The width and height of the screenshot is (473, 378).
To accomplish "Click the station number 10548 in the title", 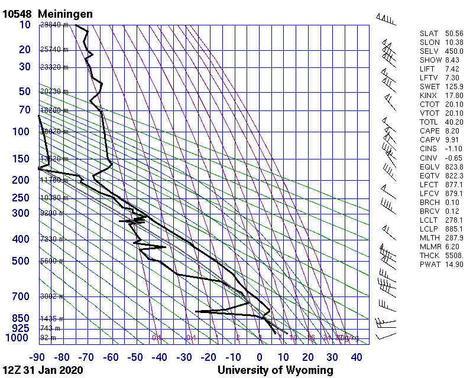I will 17,14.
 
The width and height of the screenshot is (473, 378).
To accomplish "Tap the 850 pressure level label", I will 21,318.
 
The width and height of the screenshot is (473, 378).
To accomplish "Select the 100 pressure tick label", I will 21,131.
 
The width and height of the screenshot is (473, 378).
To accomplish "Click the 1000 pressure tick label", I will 18,338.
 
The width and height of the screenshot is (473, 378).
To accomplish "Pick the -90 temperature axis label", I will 38,357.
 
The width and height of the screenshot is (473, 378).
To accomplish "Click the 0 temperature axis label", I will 260,357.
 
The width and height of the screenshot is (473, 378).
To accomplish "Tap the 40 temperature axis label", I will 357,357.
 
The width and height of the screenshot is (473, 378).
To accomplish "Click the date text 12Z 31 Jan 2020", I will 43,370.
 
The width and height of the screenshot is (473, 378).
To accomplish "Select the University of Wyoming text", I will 276,370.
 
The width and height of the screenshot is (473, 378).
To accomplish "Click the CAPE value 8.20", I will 452,131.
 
